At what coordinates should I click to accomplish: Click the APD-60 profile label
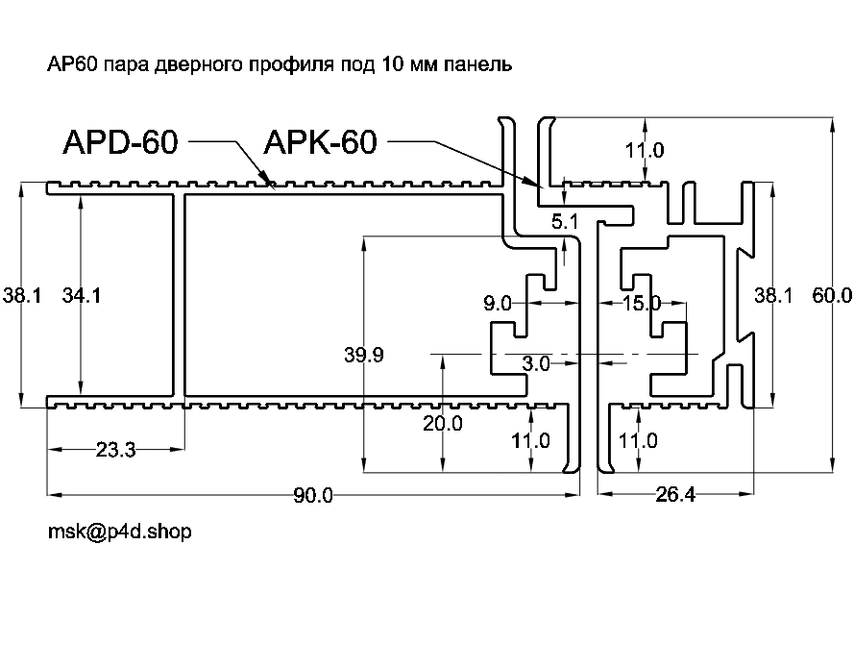coord(120,142)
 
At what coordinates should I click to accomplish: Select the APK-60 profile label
coord(319,142)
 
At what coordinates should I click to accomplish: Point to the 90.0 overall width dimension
coord(313,496)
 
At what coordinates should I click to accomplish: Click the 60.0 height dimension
coord(832,296)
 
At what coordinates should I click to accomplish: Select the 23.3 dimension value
coord(117,449)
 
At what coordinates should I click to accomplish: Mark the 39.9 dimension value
coord(364,356)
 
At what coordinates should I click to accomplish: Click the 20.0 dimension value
coord(443,423)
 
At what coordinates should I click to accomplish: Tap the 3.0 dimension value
coord(535,364)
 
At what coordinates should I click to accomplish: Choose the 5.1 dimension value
coord(566,222)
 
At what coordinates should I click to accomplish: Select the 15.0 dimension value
coord(642,305)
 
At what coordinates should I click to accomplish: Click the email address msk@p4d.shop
coord(119,532)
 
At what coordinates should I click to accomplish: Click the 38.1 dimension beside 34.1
coord(21,296)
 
